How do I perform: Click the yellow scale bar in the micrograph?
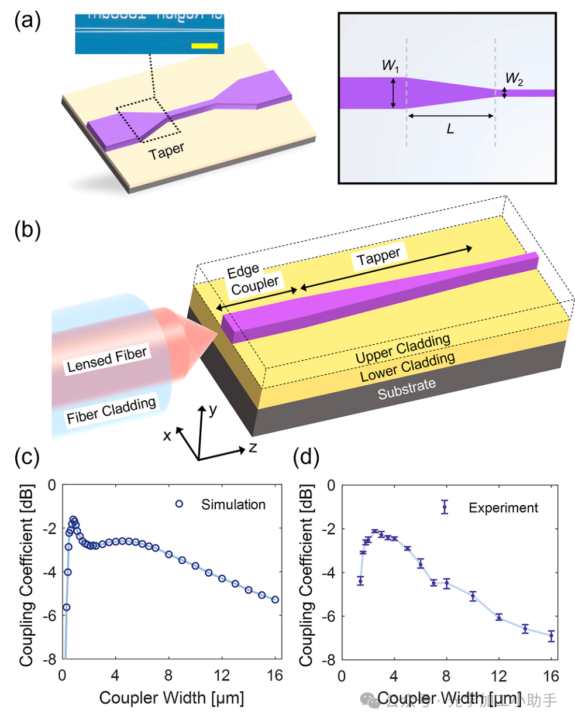point(204,45)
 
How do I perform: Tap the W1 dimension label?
point(390,66)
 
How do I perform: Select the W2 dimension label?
point(514,78)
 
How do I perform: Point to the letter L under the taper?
point(450,129)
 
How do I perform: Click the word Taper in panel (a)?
point(166,151)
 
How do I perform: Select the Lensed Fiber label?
point(106,359)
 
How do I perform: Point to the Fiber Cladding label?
point(111,410)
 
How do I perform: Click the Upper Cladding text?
point(402,348)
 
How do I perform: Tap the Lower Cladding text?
point(407,367)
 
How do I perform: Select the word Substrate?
point(407,389)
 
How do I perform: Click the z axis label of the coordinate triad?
point(253,448)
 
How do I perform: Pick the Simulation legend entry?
point(233,505)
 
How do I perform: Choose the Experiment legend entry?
point(503,508)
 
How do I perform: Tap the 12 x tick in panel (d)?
point(498,677)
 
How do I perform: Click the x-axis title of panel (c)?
point(171,698)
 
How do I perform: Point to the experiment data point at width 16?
point(551,636)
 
